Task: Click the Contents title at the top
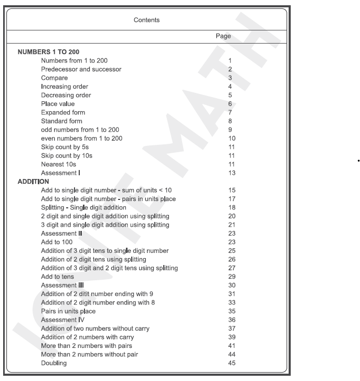point(147,20)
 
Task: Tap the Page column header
point(224,36)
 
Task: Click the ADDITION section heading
point(34,181)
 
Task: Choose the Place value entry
point(58,104)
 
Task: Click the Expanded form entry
point(63,112)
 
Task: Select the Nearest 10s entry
point(58,164)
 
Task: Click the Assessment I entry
point(61,173)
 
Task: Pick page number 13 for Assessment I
point(231,173)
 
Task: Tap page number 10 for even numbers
point(231,138)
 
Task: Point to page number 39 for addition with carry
point(231,337)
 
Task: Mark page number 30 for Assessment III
point(231,285)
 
